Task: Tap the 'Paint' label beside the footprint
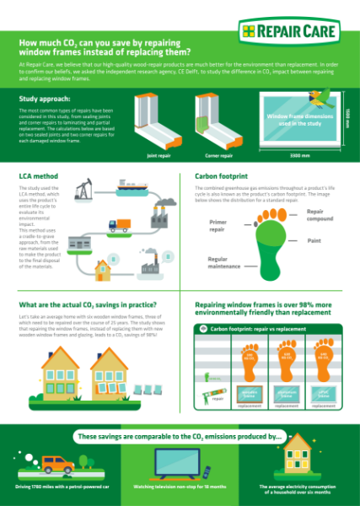pyautogui.click(x=314, y=241)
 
